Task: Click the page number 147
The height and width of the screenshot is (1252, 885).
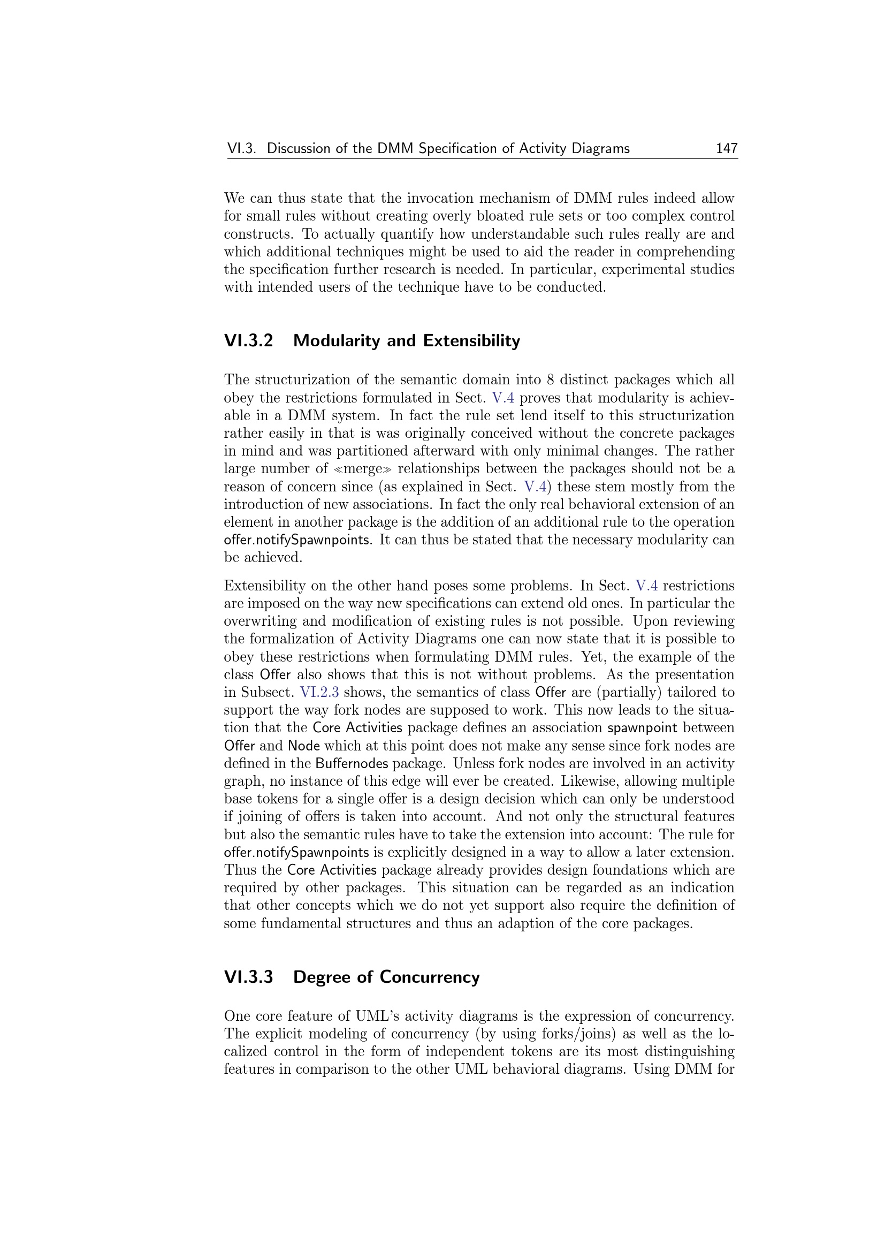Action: point(727,148)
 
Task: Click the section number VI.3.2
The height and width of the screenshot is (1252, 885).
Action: point(248,341)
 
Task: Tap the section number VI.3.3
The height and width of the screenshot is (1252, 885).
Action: point(248,977)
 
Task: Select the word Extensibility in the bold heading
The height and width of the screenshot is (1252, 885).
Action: point(471,341)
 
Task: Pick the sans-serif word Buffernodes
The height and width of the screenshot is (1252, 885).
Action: point(352,763)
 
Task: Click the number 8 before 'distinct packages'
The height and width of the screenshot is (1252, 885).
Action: point(550,380)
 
